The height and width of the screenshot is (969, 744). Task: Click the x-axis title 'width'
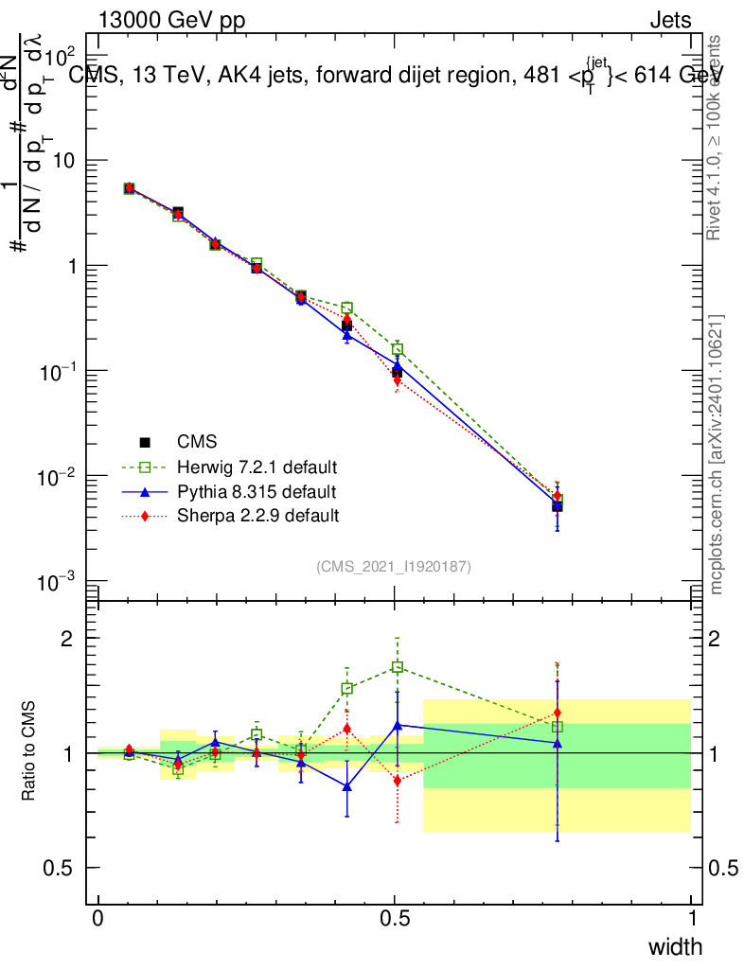point(675,946)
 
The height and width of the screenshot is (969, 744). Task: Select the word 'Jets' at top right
point(669,20)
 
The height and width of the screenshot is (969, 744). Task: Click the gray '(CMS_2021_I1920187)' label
point(394,566)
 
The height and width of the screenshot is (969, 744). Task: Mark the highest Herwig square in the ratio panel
point(398,667)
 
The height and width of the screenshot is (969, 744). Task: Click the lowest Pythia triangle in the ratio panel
point(347,786)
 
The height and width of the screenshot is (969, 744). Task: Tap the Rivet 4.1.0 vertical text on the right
point(716,137)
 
